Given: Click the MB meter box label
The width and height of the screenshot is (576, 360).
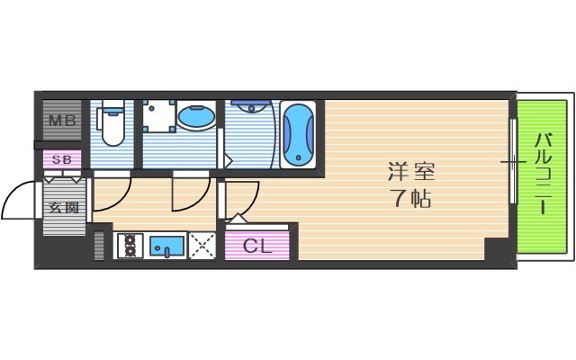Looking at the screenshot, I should (61, 121).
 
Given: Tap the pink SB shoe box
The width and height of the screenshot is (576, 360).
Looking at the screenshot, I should (62, 160).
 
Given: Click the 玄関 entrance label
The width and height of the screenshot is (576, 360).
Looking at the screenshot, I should (63, 207).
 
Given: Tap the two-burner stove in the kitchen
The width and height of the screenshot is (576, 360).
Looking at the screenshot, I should (129, 245).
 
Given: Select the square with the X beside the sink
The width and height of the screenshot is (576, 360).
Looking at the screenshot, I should (202, 245).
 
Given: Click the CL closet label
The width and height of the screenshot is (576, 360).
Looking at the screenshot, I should (257, 246).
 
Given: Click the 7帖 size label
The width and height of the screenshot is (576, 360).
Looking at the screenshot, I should (409, 199).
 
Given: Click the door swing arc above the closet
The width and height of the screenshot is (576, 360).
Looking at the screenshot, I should (245, 200).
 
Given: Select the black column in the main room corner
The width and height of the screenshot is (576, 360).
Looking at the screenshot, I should (496, 249).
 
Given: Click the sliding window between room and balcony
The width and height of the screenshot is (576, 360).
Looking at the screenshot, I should (512, 162).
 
